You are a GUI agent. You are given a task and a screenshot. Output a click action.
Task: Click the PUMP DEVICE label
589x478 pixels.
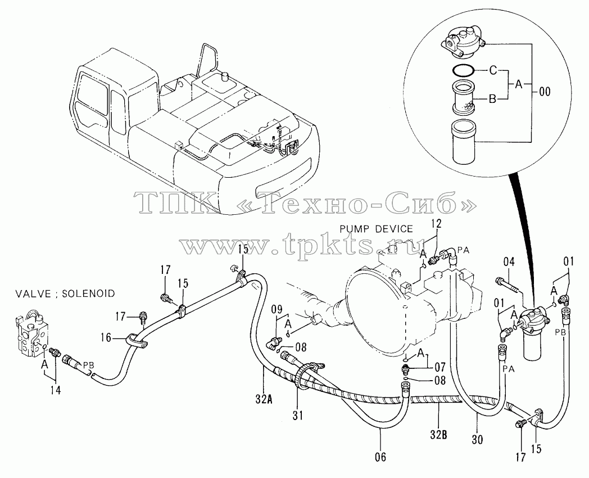[x=376, y=229]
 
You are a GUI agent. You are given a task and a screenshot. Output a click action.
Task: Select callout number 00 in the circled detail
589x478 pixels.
[x=544, y=91]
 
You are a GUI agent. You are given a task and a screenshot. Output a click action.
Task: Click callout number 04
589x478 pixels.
[x=509, y=262]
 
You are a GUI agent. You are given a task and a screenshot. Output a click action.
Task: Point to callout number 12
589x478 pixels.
[x=437, y=224]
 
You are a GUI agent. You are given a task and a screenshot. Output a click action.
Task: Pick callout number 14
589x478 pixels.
[x=55, y=390]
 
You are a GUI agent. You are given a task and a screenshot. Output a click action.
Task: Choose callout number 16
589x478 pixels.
[x=106, y=338]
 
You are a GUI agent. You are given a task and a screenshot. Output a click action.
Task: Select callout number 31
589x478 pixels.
[x=298, y=415]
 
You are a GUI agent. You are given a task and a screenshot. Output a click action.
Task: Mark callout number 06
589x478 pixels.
[x=380, y=457]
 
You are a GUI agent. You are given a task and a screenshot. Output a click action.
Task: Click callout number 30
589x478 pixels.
[x=477, y=439]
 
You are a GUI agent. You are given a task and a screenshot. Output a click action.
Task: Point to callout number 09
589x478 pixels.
[x=277, y=310]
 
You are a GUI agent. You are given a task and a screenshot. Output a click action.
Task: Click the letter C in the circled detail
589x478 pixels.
[x=493, y=70]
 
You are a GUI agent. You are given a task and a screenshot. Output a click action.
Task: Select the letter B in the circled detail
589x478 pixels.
[x=492, y=99]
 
